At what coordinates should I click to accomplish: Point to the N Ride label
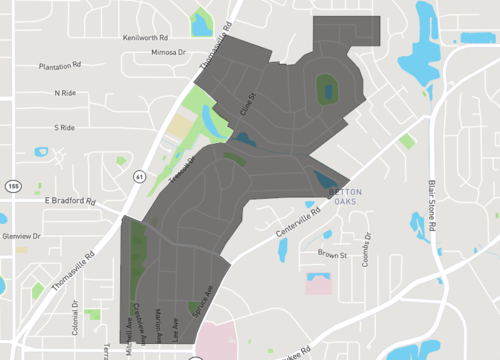(65, 93)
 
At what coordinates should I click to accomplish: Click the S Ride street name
(65, 128)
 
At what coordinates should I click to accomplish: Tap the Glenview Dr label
(21, 236)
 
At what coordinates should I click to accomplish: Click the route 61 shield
(137, 176)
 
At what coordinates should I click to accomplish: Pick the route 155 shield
(13, 186)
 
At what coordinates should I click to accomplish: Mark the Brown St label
(332, 255)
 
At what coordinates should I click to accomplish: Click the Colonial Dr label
(75, 316)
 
